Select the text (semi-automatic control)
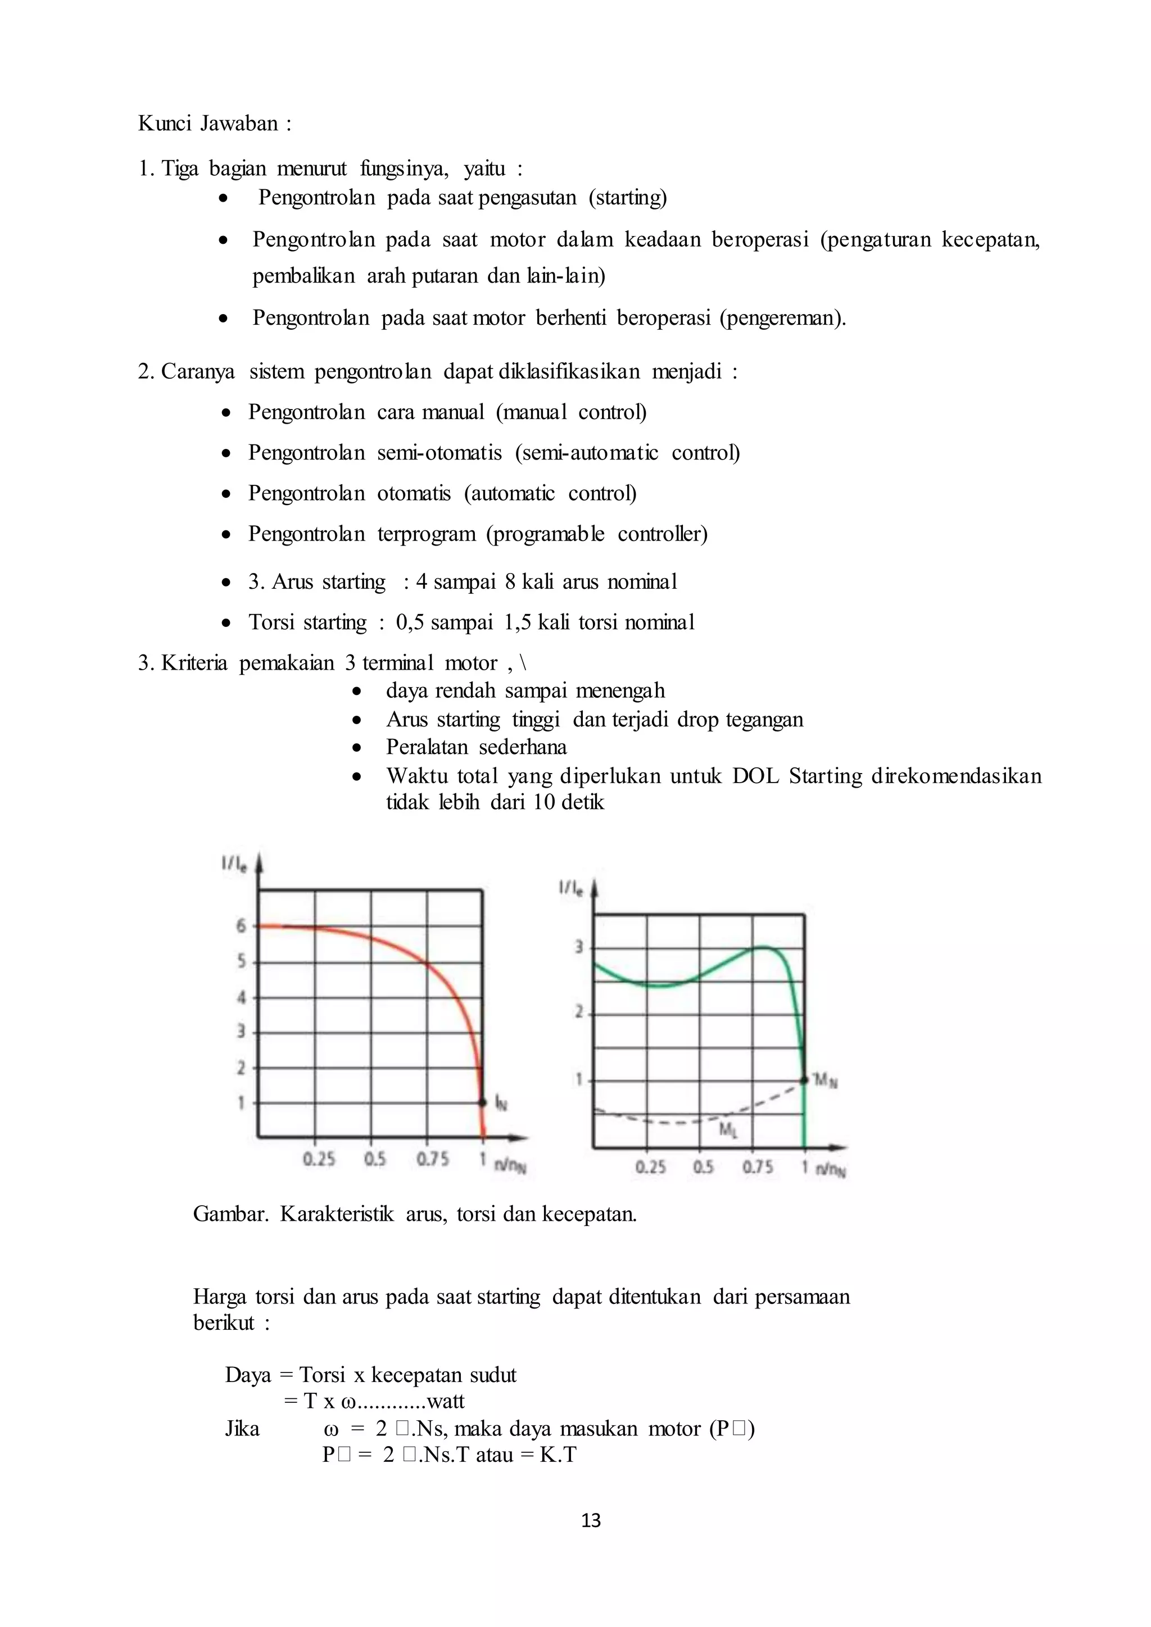coord(627,453)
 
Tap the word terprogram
coord(426,534)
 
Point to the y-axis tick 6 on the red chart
coord(242,925)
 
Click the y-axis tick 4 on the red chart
coord(242,998)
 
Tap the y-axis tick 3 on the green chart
coord(579,947)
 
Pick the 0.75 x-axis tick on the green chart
coord(757,1166)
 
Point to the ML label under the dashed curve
coord(728,1130)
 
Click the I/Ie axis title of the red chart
coord(234,864)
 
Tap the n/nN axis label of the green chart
coord(831,1169)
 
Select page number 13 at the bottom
coord(590,1521)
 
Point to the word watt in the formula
coord(446,1401)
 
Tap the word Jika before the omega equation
coord(242,1429)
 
